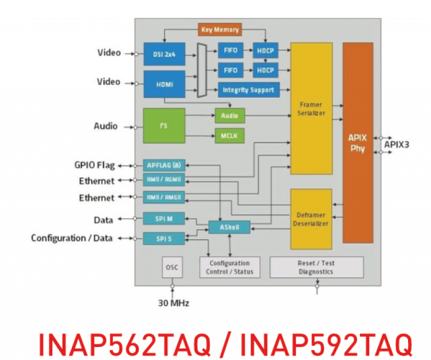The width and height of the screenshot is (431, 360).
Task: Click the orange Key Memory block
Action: [x=219, y=29]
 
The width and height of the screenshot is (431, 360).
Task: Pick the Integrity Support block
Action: [x=249, y=90]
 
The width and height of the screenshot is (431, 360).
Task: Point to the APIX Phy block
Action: [x=357, y=143]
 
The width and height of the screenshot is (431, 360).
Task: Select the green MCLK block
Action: [x=230, y=135]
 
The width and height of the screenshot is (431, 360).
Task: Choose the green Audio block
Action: [x=230, y=116]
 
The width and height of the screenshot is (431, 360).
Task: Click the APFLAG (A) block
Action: [x=164, y=165]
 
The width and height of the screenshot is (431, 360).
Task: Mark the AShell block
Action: [x=229, y=227]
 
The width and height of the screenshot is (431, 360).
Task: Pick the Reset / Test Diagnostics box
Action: [x=317, y=267]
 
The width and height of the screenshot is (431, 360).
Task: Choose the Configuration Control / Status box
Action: [x=230, y=267]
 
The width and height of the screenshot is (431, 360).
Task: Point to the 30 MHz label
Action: [x=172, y=303]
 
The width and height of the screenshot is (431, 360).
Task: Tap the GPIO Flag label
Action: [x=94, y=165]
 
